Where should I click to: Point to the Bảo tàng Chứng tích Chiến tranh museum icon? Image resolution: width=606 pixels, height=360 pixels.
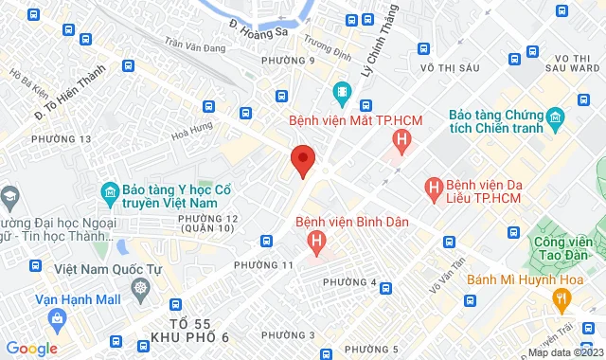(555, 118)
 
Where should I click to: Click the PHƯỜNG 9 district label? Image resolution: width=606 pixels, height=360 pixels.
(298, 62)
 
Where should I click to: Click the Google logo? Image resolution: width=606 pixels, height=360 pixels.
(30, 349)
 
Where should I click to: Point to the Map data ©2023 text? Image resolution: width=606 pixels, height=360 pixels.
(563, 353)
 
